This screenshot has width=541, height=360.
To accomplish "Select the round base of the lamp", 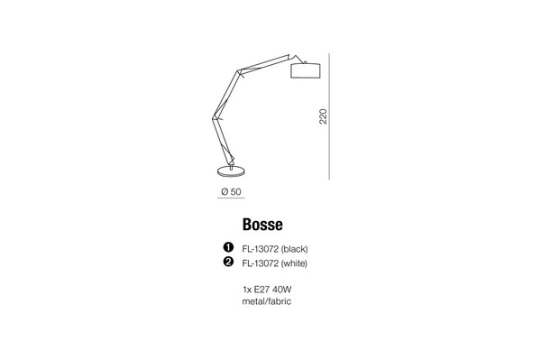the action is click(x=232, y=171).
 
